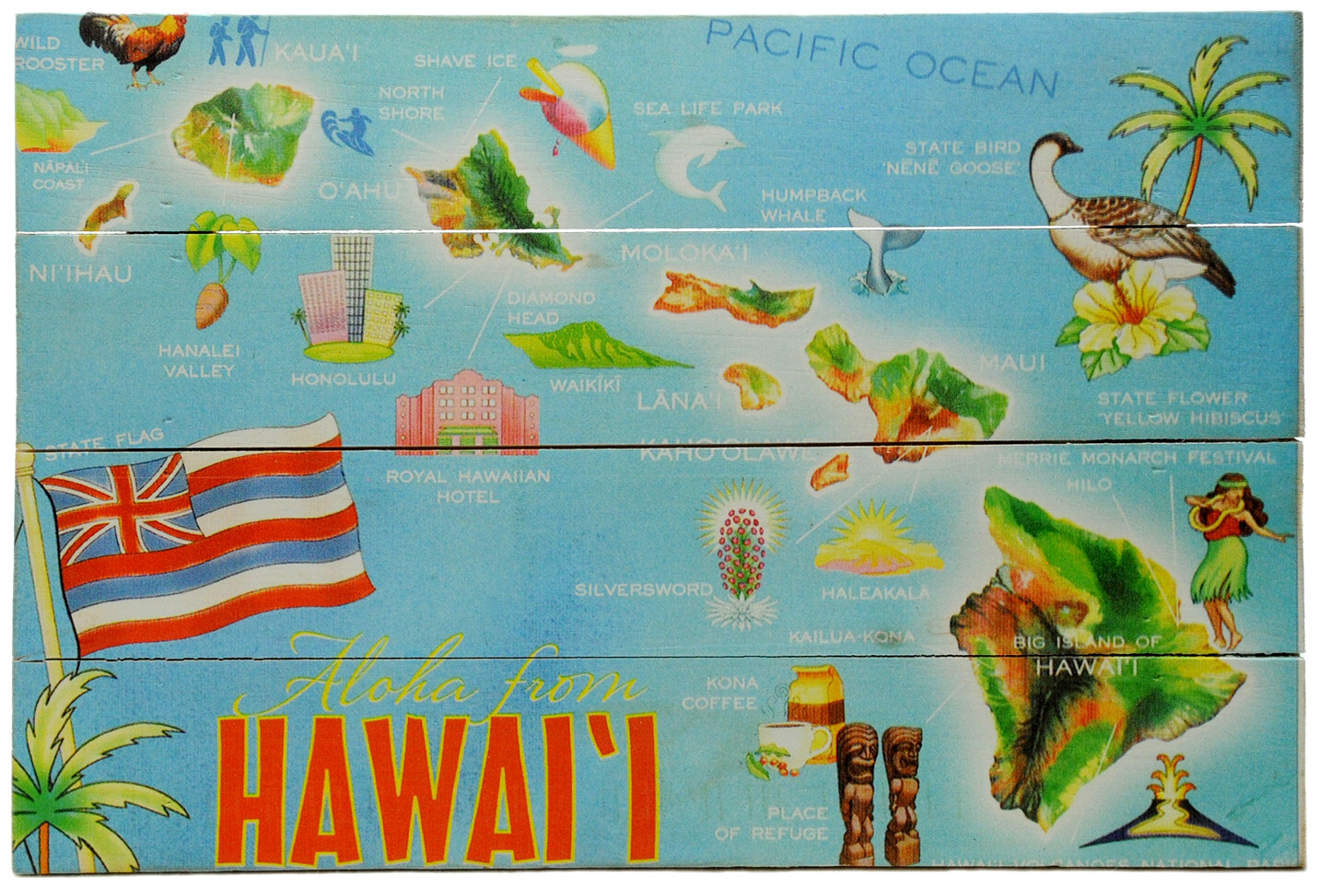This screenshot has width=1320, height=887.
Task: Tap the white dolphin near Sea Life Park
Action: pos(695,162)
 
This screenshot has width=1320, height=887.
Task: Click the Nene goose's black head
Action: pos(1057,146)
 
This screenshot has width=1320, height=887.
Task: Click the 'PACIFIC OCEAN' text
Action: pos(881,55)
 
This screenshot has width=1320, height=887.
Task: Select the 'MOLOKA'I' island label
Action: pos(683,253)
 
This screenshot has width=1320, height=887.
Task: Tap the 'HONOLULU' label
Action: pos(344,379)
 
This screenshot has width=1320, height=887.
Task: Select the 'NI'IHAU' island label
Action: pos(80,274)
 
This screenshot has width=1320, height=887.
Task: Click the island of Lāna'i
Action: pos(751,385)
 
